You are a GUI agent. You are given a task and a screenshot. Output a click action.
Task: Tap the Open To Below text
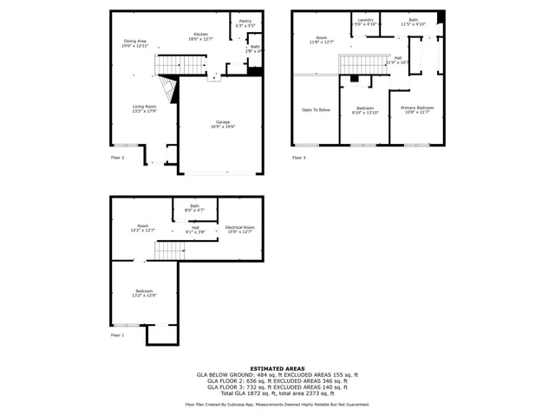click(x=316, y=110)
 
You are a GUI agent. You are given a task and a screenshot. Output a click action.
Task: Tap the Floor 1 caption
click(x=117, y=335)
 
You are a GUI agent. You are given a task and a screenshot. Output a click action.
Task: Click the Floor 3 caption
click(x=299, y=158)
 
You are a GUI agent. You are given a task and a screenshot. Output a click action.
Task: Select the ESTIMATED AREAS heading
click(x=277, y=368)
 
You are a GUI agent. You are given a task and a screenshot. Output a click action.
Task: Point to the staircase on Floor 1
click(x=171, y=250)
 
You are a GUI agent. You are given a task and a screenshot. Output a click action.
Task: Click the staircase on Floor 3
click(x=362, y=64)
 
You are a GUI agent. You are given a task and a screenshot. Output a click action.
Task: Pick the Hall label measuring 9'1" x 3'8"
click(x=194, y=230)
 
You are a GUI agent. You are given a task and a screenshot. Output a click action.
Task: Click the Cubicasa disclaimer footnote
click(x=277, y=404)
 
